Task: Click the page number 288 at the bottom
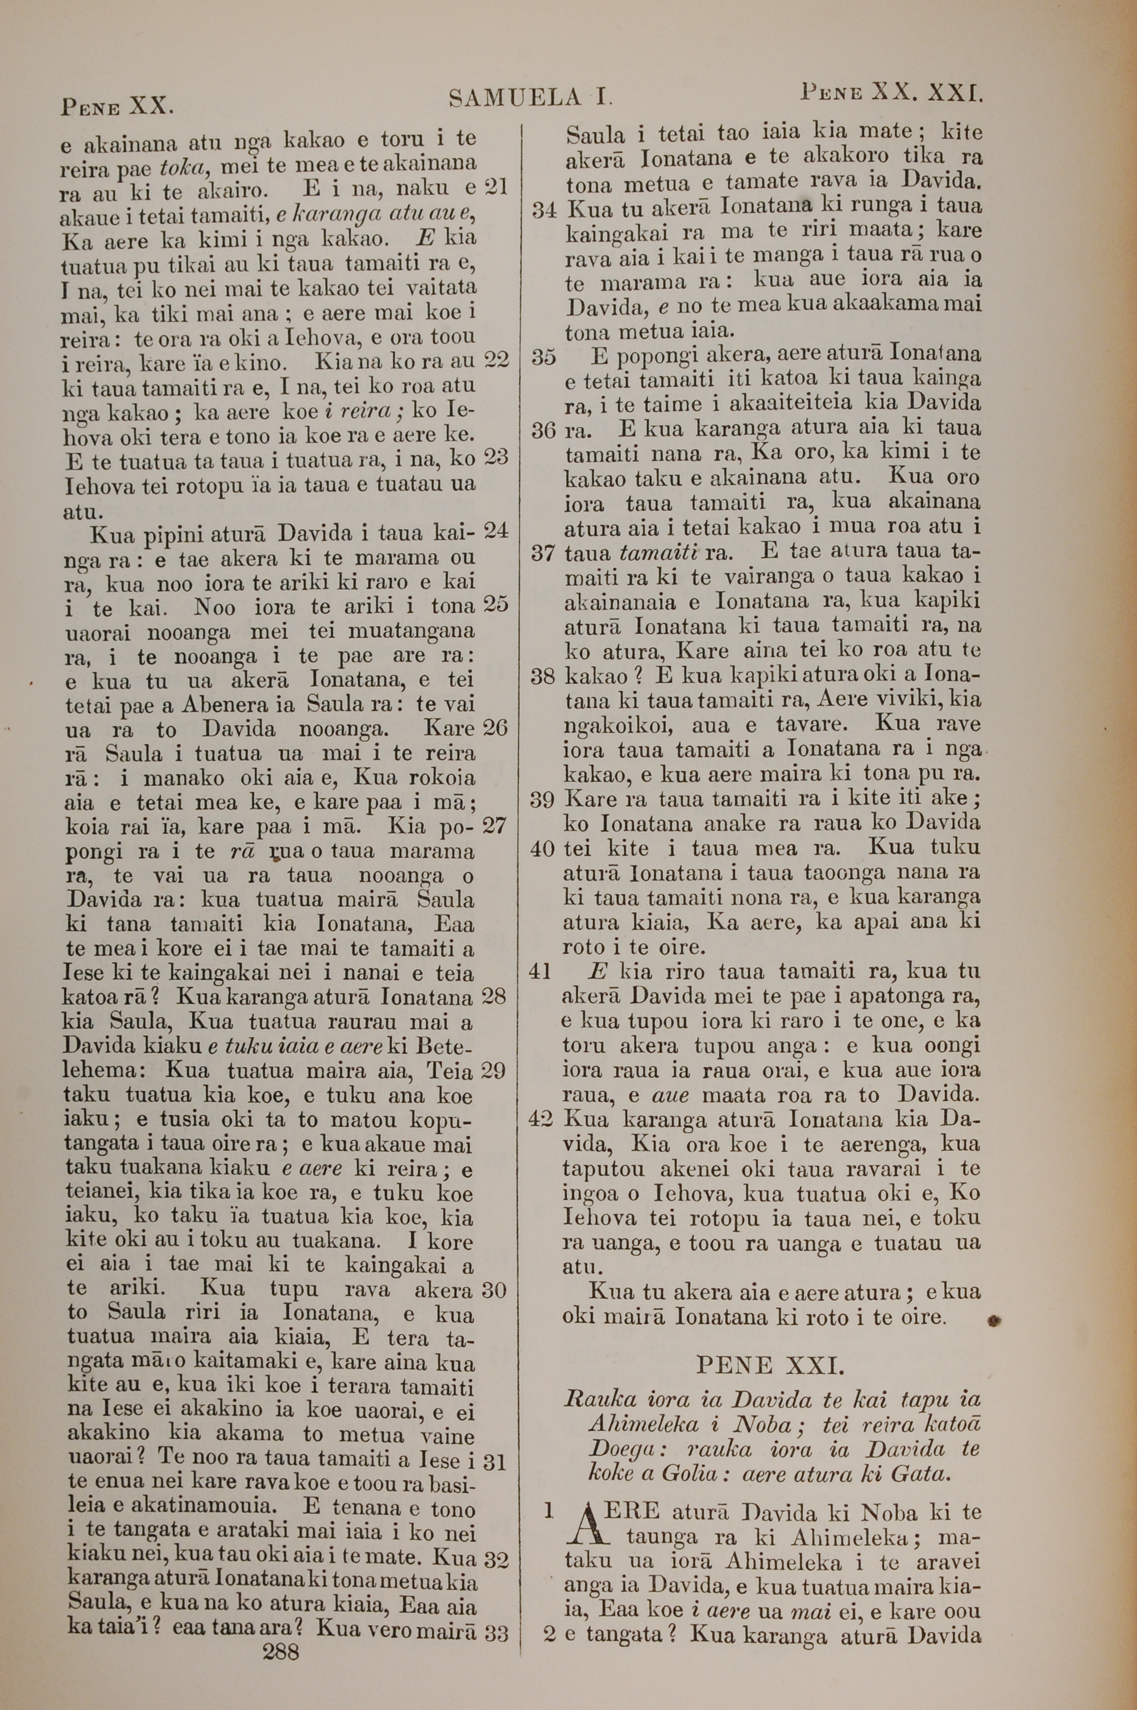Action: [x=281, y=1672]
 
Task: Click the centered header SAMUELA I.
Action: [x=532, y=97]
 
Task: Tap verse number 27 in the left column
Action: [x=495, y=825]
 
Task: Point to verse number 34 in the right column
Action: [x=544, y=210]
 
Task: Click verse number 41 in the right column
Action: [x=542, y=972]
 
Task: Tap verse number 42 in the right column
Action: [x=542, y=1119]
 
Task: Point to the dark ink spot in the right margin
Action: [x=994, y=1321]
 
